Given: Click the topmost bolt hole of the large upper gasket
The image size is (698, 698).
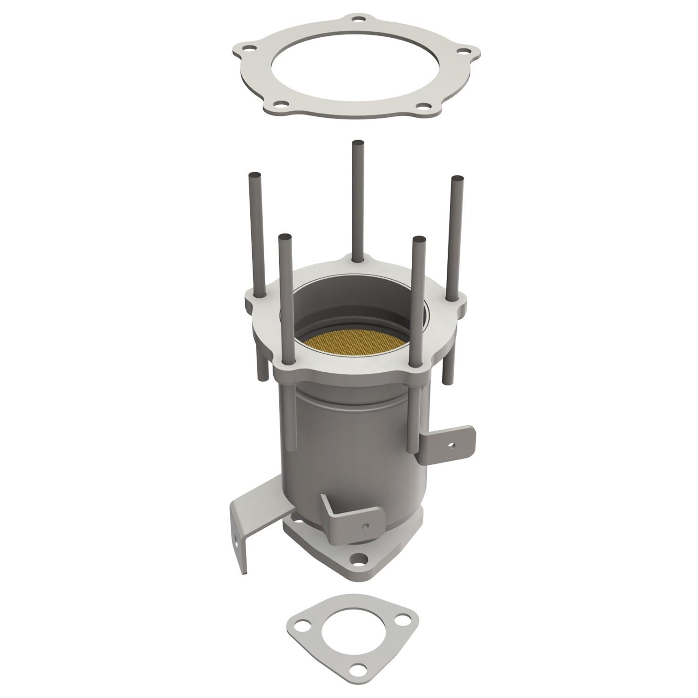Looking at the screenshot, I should pyautogui.click(x=357, y=20).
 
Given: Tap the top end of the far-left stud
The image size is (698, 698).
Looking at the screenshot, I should pyautogui.click(x=255, y=175).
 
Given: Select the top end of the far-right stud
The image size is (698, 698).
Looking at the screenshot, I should pyautogui.click(x=457, y=179).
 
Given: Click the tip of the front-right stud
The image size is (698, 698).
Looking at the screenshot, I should pyautogui.click(x=418, y=240).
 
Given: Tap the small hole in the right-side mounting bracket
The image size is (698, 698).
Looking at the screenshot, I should pyautogui.click(x=450, y=445).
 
